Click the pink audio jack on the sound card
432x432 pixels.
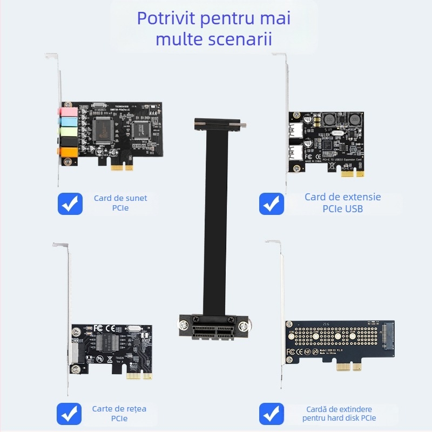65,112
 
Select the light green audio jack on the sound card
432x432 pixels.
65,131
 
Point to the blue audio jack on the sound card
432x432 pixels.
65,122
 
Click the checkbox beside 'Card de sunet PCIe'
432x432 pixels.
70,204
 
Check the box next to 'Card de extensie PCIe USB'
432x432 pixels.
272,204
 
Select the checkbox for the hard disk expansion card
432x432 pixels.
272,414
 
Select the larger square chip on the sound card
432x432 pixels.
103,127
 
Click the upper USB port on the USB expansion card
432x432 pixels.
296,129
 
